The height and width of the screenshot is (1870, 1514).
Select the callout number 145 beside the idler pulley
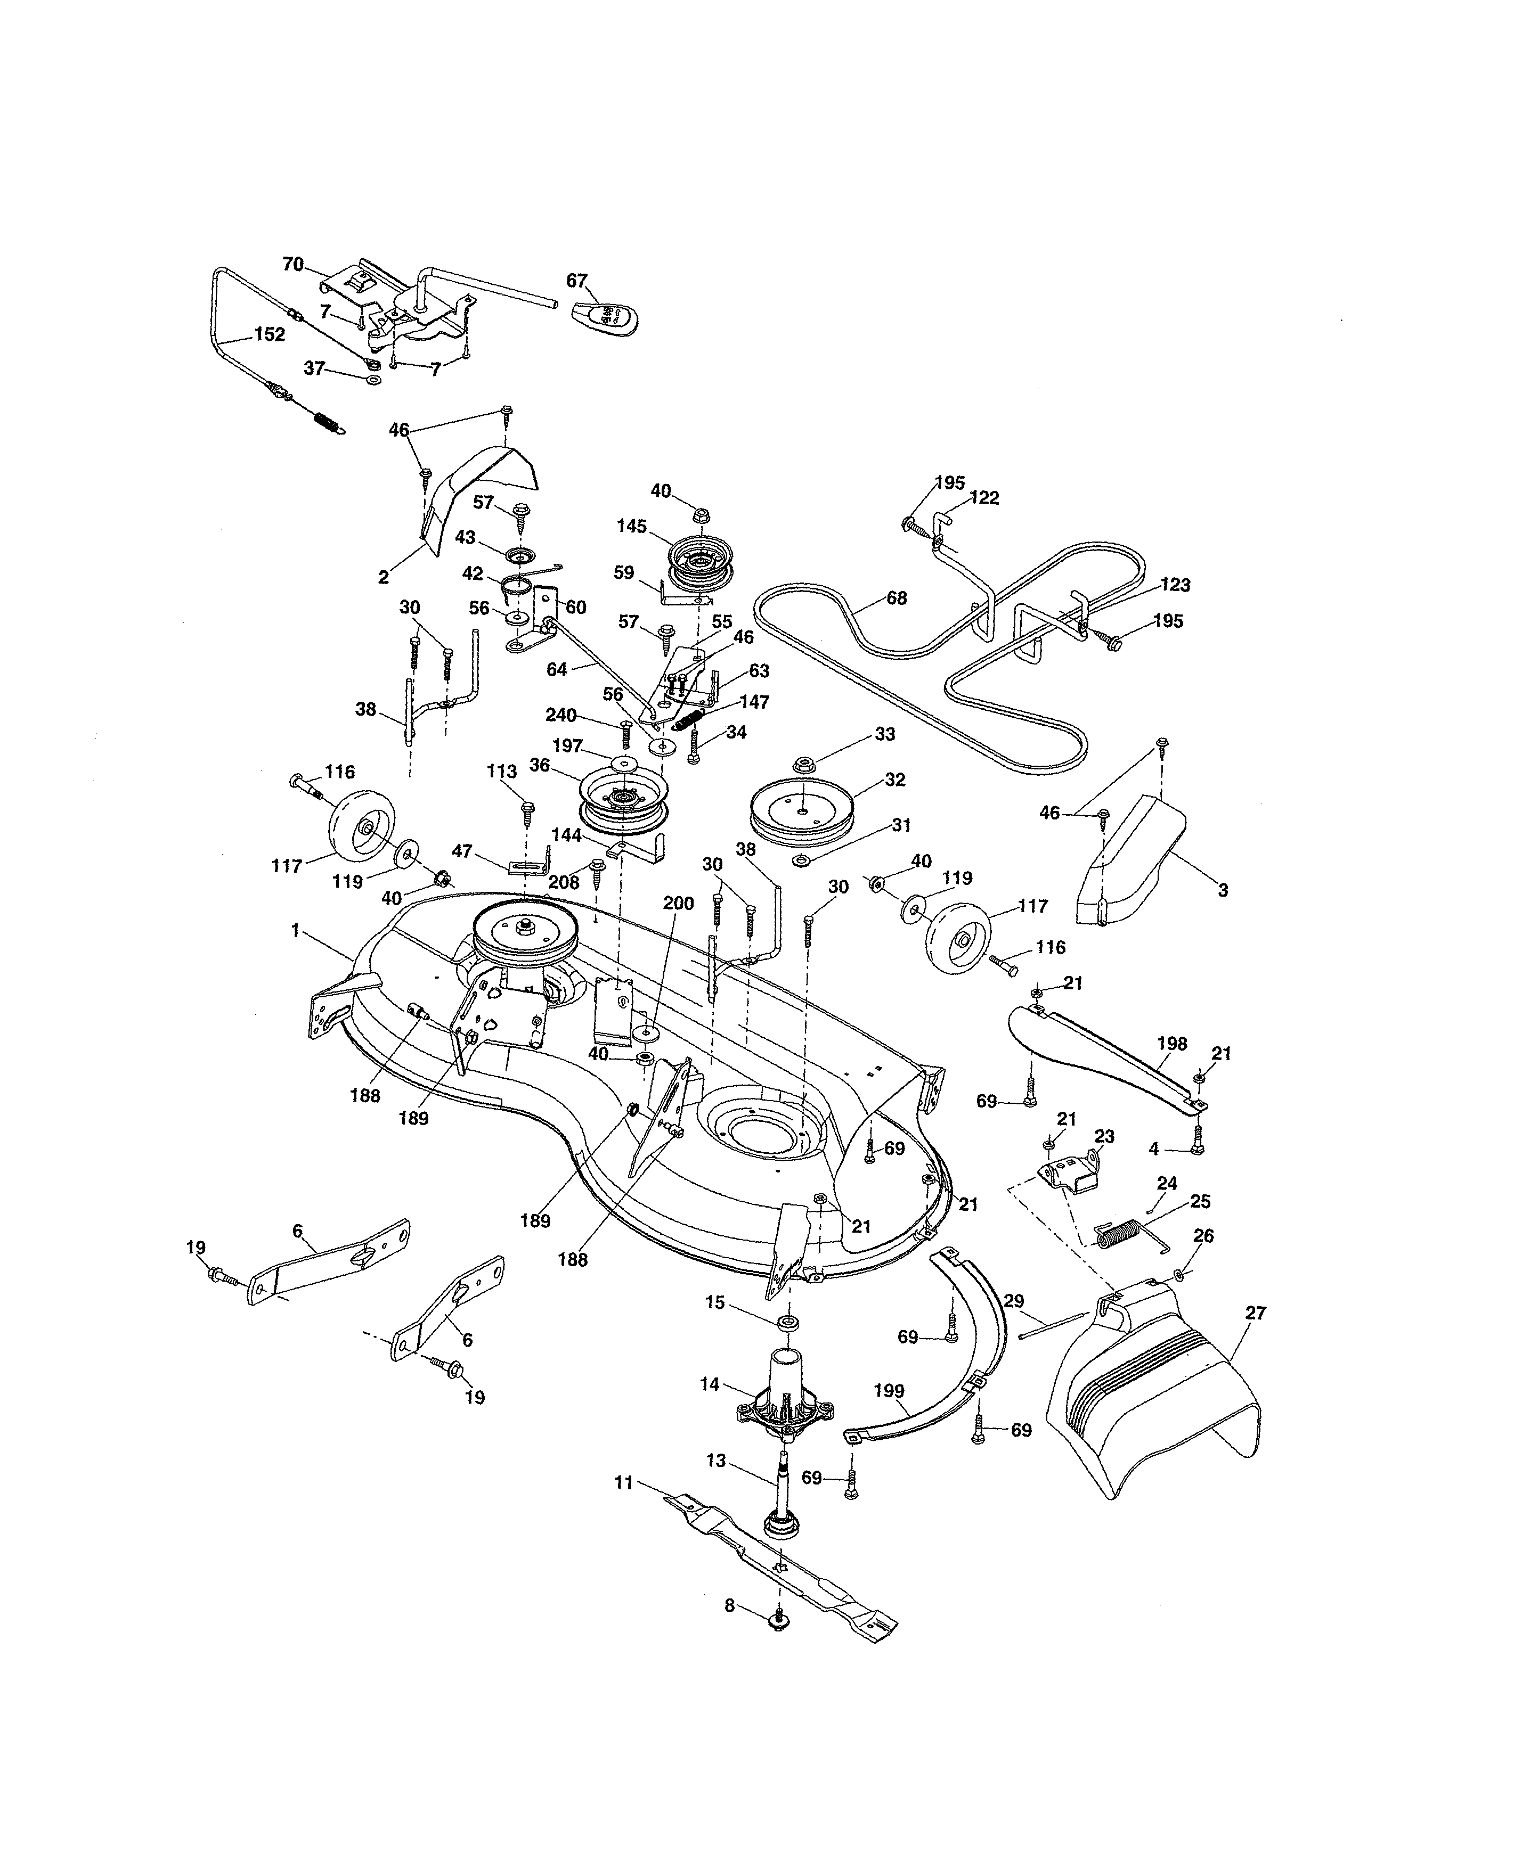[x=631, y=527]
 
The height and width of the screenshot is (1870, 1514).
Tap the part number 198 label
[x=1171, y=1044]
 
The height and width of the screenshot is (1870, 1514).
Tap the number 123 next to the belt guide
[x=1174, y=585]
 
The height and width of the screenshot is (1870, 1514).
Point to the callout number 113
[x=501, y=772]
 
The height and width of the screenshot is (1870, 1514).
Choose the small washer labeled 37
[x=373, y=381]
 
